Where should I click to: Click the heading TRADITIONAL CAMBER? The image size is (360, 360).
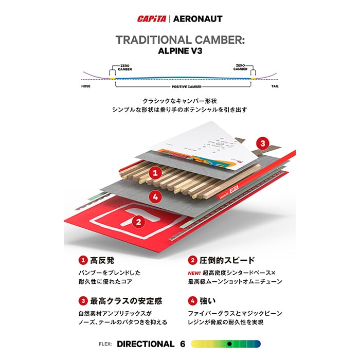click(x=180, y=40)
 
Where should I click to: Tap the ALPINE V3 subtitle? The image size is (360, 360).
click(x=180, y=51)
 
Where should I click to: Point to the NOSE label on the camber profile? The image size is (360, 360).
click(x=86, y=87)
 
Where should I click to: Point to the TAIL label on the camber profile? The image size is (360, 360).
click(x=275, y=87)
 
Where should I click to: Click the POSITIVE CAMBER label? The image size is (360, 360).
click(x=180, y=87)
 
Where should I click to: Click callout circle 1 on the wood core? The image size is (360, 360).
click(x=154, y=173)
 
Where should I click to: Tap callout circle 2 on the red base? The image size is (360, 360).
click(x=137, y=222)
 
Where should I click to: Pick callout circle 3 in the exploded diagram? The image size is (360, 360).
click(x=262, y=143)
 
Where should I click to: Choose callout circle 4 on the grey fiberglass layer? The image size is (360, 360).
click(x=154, y=196)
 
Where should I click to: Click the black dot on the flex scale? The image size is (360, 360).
click(x=230, y=344)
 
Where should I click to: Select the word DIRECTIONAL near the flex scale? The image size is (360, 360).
click(x=146, y=344)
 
